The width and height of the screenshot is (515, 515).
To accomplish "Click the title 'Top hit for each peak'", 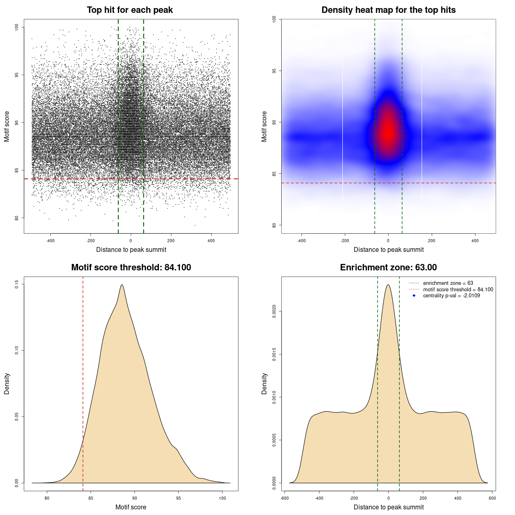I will tap(130, 10).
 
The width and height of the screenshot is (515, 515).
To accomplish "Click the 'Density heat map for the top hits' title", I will tap(388, 10).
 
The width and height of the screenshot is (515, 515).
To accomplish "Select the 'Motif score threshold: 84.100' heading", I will tap(131, 268).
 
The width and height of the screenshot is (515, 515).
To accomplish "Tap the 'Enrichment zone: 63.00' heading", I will tap(388, 268).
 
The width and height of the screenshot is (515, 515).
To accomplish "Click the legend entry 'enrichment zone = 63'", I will tap(448, 283).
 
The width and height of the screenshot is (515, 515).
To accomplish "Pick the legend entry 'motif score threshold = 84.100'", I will tap(458, 289).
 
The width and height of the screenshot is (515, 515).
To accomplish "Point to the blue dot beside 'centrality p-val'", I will tap(414, 296).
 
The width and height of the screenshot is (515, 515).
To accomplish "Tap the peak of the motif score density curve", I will tap(122, 285).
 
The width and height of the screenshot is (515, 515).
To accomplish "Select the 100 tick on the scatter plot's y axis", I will tap(17, 27).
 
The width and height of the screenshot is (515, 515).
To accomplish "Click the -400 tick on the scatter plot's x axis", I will tap(50, 241).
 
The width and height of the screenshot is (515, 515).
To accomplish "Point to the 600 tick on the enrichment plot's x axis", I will tap(492, 498).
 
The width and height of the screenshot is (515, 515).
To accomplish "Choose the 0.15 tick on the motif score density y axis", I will tap(17, 284).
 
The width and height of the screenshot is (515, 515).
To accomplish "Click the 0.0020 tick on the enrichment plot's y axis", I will tap(274, 311).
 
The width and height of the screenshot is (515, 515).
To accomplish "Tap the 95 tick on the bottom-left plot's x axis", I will tap(178, 498).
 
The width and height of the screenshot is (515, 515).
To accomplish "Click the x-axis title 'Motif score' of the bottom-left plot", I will tap(131, 507).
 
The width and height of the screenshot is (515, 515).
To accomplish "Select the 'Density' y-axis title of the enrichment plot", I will tap(264, 383).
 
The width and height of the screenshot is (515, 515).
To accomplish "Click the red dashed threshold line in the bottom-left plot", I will tap(83, 382).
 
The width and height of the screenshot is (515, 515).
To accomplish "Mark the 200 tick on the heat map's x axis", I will tap(431, 241).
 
